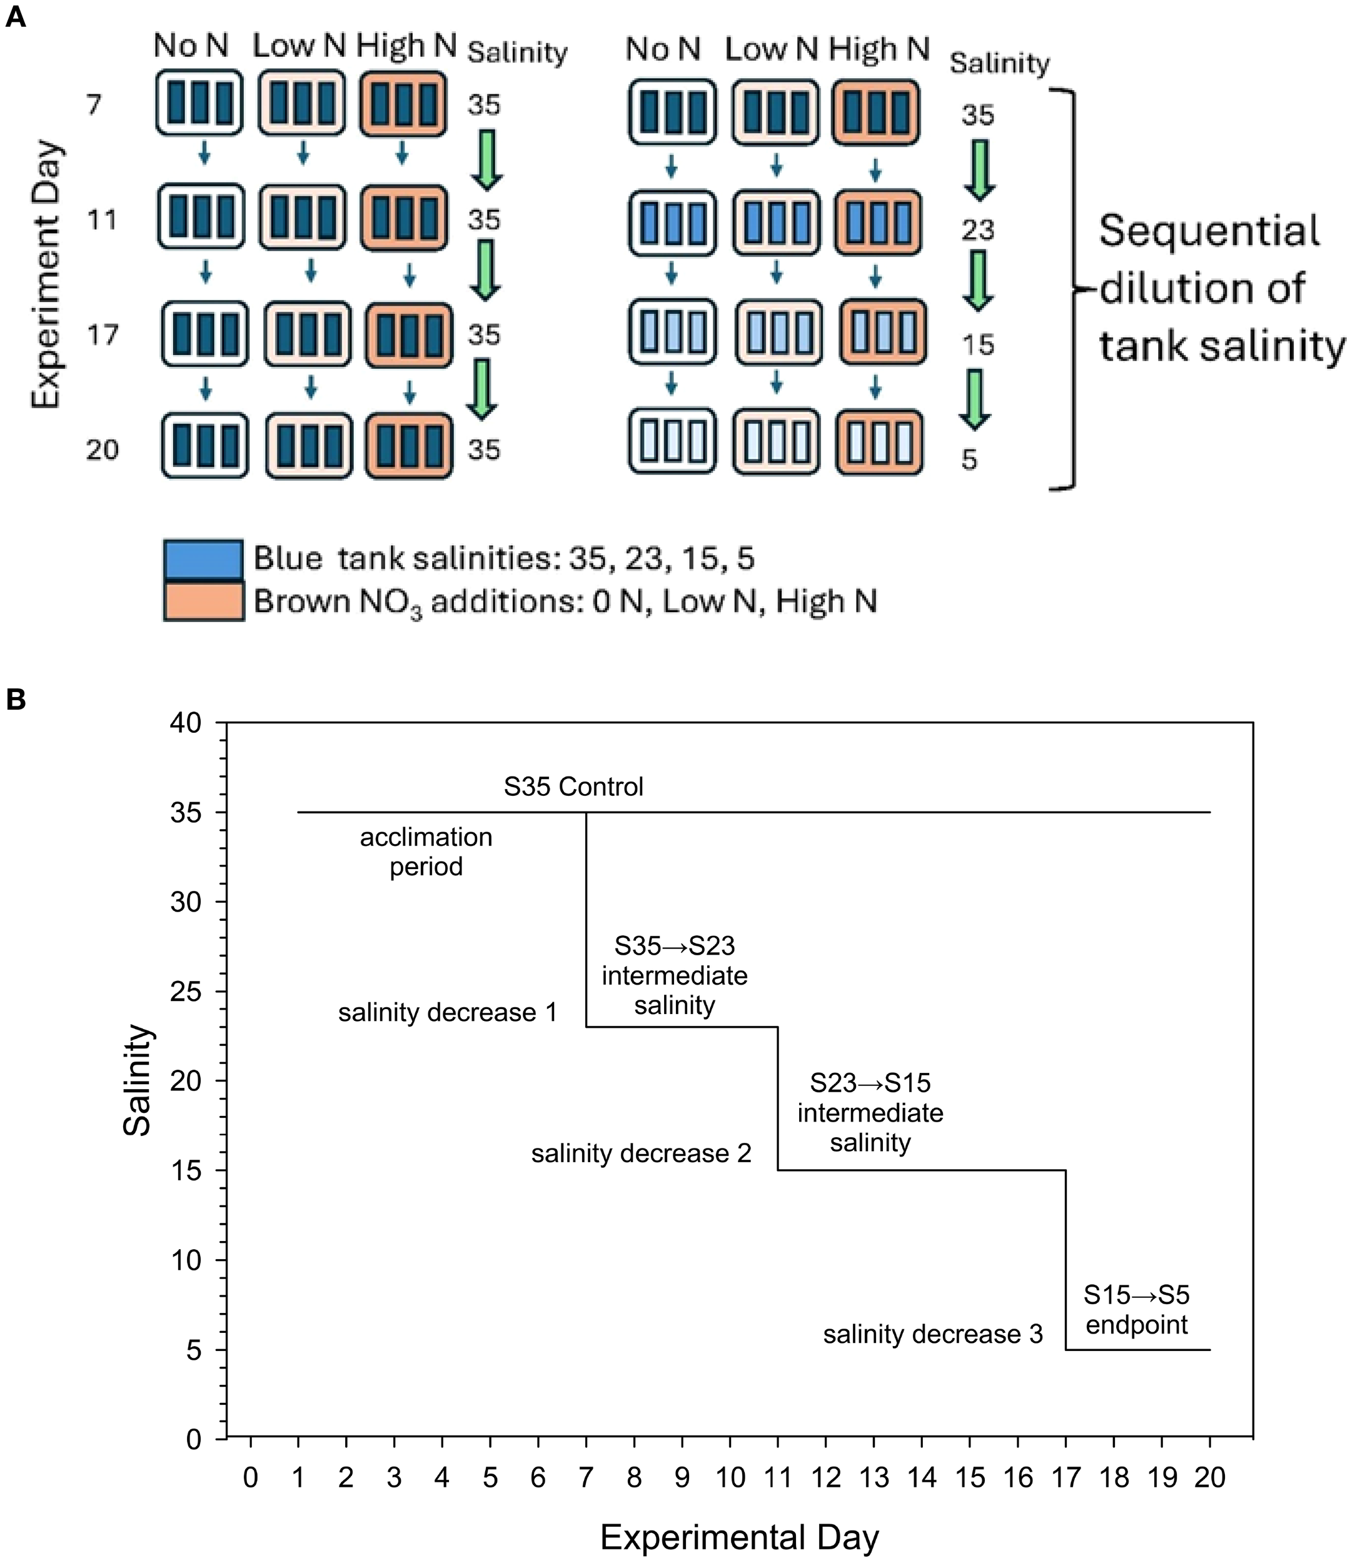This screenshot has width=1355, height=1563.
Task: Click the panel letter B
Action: click(x=15, y=700)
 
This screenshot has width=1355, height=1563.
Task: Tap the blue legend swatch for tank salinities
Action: click(x=203, y=559)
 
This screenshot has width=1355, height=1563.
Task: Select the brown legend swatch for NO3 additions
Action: click(x=203, y=601)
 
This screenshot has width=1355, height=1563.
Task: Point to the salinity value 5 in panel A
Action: click(x=969, y=459)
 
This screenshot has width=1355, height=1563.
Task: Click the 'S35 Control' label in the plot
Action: click(x=573, y=787)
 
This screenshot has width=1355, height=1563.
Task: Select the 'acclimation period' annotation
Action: click(x=426, y=852)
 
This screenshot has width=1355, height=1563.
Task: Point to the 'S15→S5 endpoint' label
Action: click(x=1137, y=1310)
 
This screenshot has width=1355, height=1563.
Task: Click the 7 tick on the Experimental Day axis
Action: click(x=586, y=1477)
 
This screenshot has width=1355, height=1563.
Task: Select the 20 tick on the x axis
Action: click(x=1210, y=1477)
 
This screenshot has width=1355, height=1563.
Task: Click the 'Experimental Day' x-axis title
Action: click(x=740, y=1537)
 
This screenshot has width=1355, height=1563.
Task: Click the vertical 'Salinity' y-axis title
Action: click(x=138, y=1080)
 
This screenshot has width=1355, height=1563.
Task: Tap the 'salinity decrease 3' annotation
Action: click(x=933, y=1334)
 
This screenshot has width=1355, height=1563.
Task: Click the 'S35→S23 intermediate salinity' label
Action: click(x=675, y=975)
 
